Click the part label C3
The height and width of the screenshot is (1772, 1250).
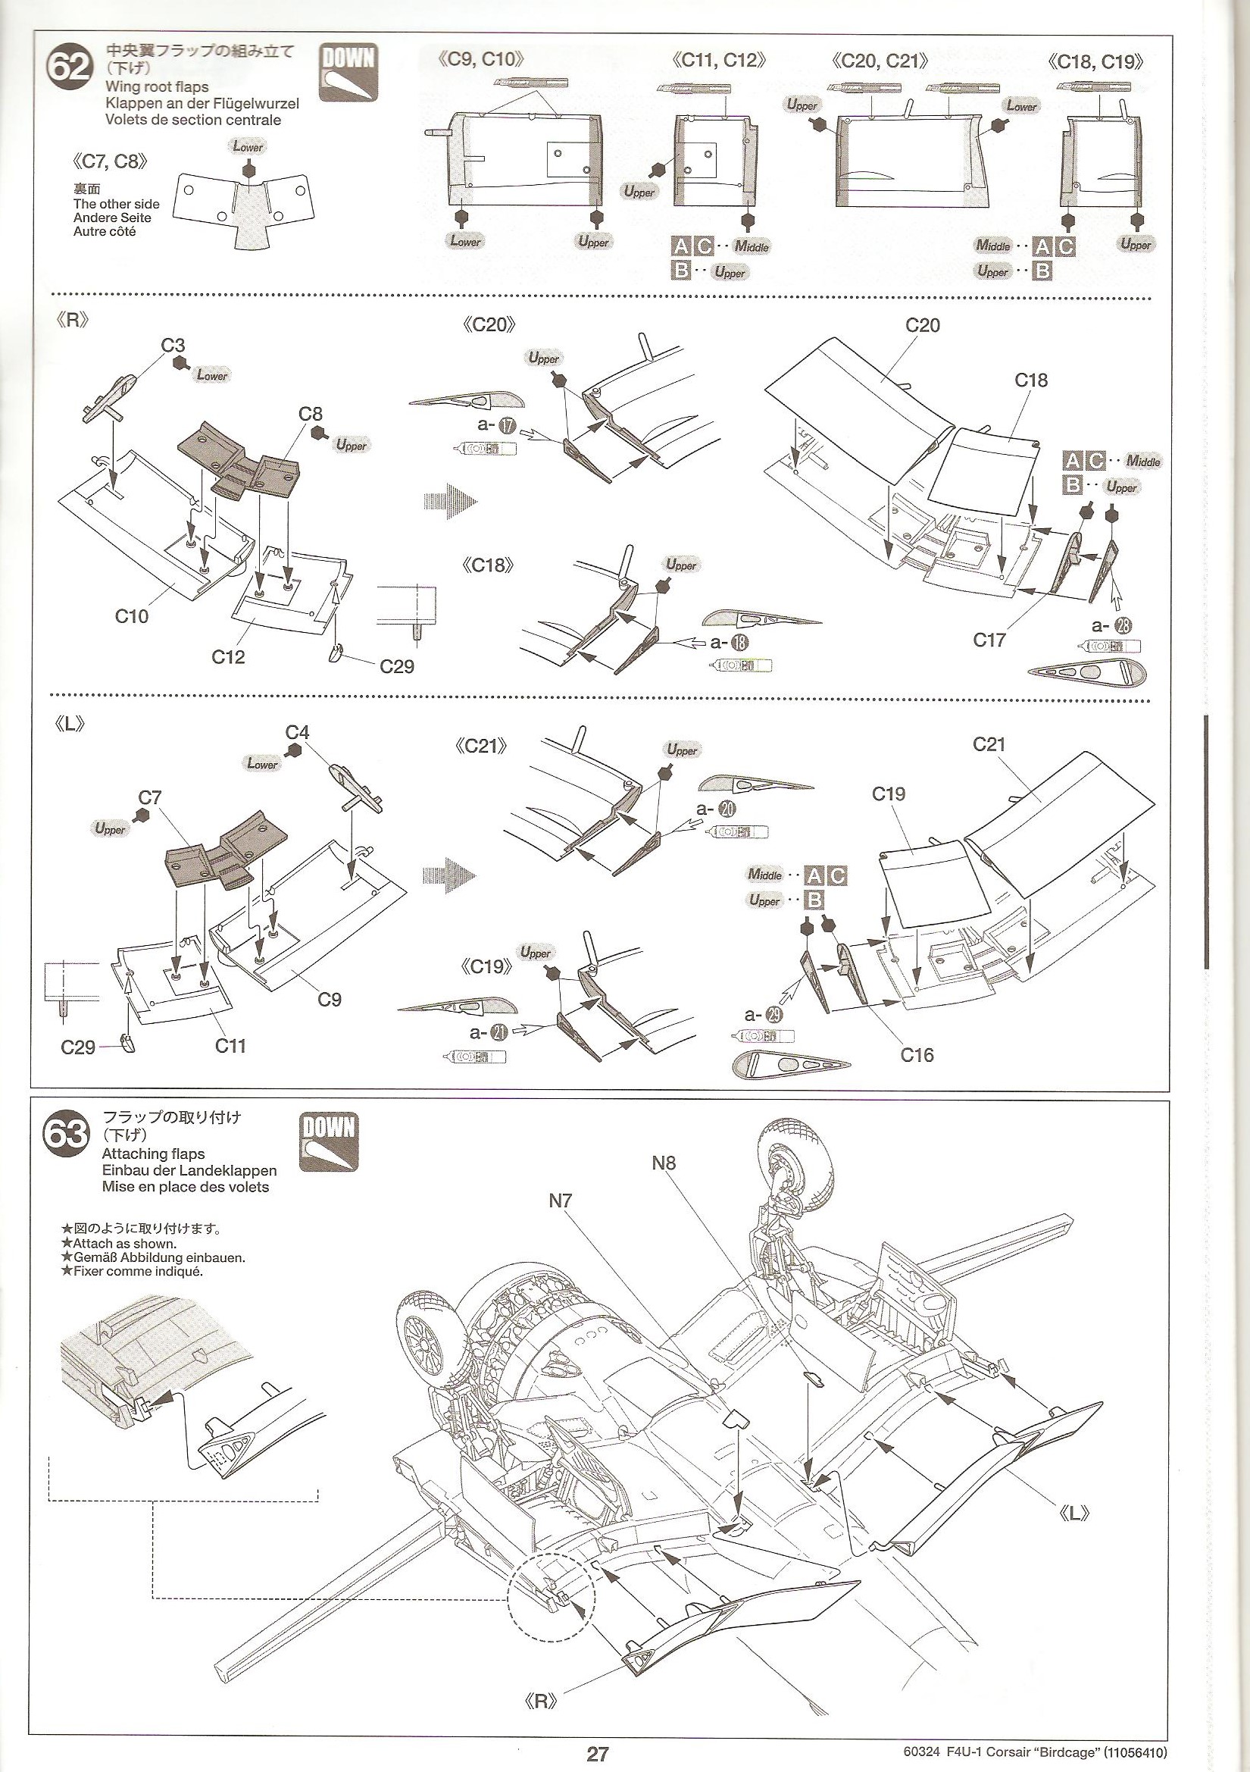pos(173,346)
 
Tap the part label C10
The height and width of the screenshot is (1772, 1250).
pos(131,616)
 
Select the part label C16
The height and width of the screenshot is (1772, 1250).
pos(917,1054)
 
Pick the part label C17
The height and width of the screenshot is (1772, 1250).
pos(989,639)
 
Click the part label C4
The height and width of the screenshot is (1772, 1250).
pos(298,731)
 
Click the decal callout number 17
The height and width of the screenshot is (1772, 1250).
pos(508,424)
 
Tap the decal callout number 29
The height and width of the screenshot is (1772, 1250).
pos(783,1015)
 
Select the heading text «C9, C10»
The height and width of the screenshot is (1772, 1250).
pos(482,59)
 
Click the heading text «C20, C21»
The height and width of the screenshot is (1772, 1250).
pos(880,60)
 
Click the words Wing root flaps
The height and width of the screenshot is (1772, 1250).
pos(157,87)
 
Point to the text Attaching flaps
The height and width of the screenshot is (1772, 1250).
pos(154,1154)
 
